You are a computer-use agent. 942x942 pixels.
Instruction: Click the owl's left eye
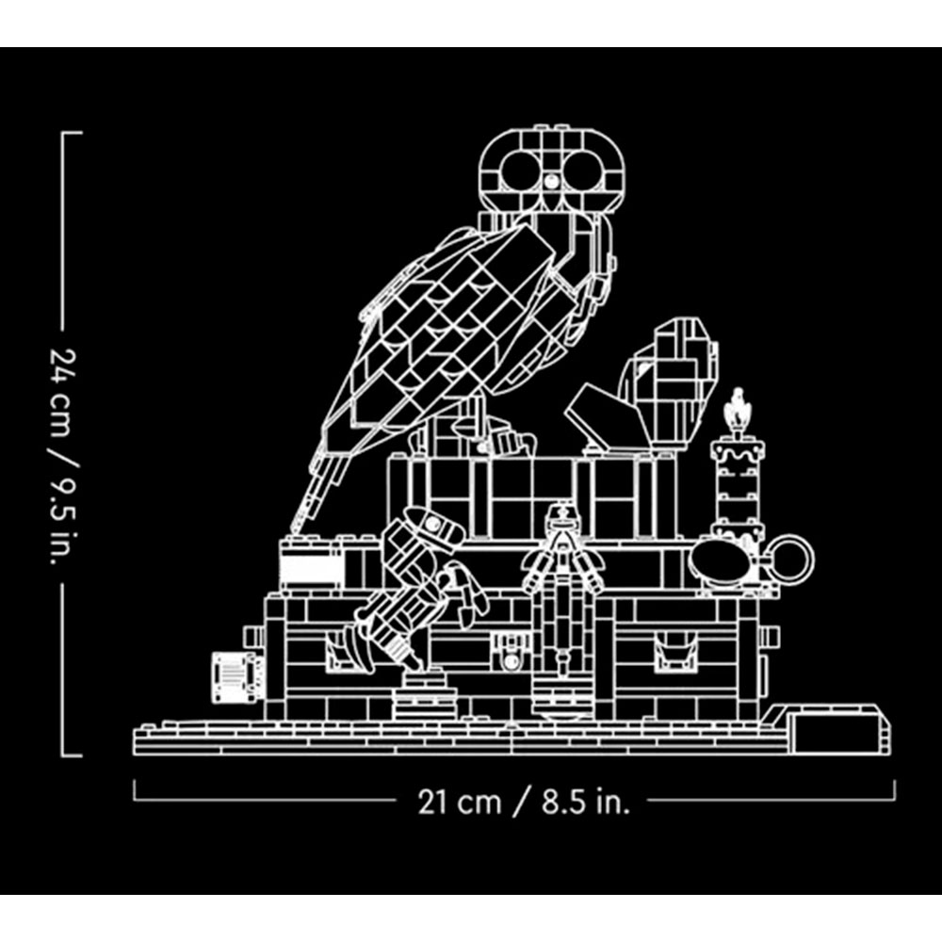click(520, 170)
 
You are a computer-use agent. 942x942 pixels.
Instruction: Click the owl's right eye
click(583, 170)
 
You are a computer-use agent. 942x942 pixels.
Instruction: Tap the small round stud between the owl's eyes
click(550, 180)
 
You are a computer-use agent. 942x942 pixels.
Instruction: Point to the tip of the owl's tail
click(293, 528)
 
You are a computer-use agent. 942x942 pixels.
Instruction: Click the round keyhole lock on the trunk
click(512, 660)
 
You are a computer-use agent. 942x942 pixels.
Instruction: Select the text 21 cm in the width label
click(459, 802)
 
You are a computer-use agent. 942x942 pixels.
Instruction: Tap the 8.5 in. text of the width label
click(585, 802)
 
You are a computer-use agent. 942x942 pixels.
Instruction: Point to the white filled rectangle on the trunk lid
click(309, 569)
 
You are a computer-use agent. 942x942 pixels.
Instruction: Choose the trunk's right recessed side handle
click(675, 655)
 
